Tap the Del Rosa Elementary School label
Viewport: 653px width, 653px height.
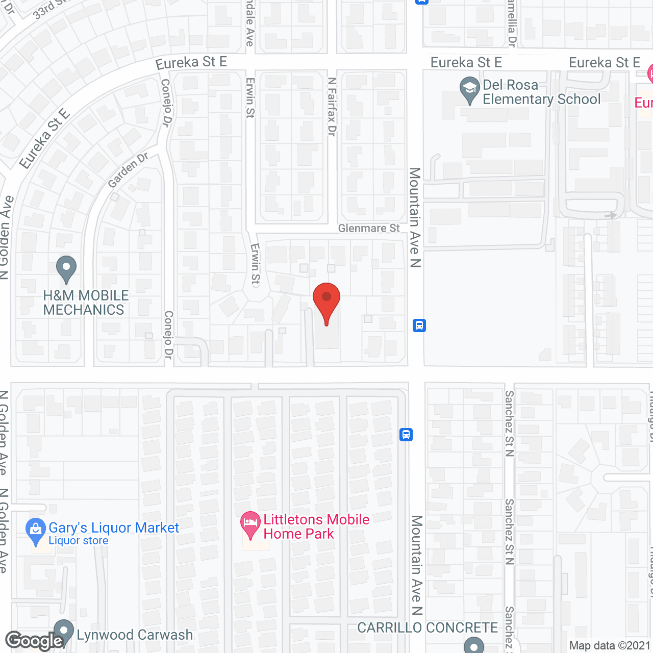pos(541,92)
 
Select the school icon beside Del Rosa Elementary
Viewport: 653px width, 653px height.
pos(469,90)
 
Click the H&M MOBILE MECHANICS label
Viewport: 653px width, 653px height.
pos(86,303)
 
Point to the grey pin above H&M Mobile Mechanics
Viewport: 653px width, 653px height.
pos(66,268)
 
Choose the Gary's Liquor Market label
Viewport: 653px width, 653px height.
pos(113,528)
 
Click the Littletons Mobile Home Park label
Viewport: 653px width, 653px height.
pos(316,526)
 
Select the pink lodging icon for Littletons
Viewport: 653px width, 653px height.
pos(250,524)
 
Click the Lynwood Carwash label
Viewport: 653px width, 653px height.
pos(135,635)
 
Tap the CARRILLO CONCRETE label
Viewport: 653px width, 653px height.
pos(428,628)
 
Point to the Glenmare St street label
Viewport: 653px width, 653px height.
pos(369,229)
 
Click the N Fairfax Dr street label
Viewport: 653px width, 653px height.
pos(332,107)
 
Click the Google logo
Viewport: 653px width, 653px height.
pos(34,641)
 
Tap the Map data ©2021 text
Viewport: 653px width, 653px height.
pos(610,646)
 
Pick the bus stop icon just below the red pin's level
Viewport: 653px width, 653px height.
pos(419,325)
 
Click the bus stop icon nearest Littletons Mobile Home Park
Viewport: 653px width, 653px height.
pos(406,435)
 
